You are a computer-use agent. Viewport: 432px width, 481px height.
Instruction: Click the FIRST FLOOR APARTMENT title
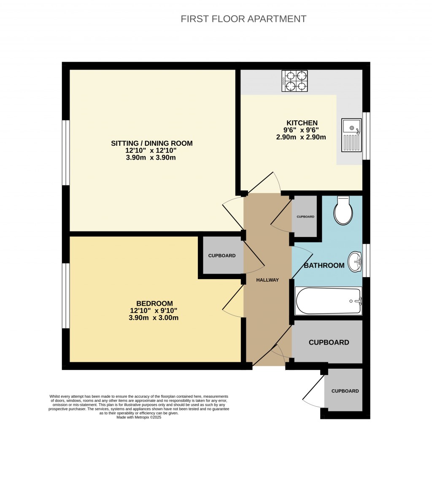[243, 19]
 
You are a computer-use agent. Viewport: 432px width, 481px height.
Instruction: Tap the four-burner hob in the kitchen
[294, 81]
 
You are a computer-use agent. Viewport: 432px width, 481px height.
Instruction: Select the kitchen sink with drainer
[351, 135]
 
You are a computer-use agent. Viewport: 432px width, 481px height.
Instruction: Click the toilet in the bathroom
[343, 210]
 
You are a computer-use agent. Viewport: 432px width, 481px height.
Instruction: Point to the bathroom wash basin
[355, 262]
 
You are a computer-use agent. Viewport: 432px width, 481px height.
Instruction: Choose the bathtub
[328, 301]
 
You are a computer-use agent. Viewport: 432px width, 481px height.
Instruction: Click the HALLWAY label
[267, 280]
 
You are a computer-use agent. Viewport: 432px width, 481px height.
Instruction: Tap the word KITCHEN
[302, 123]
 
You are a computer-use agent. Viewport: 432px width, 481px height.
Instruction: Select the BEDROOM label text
[154, 303]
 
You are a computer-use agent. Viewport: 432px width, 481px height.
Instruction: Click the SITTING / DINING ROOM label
[151, 143]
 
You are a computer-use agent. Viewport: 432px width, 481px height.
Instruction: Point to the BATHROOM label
[324, 265]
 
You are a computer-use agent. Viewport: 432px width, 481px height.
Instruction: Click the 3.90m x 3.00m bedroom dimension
[154, 318]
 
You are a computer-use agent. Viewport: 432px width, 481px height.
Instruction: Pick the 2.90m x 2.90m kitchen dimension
[301, 137]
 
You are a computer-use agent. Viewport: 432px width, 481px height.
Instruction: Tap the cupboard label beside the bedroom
[222, 255]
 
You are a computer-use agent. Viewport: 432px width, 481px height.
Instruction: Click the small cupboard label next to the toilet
[305, 217]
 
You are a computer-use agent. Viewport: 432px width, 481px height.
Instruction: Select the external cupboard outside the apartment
[345, 391]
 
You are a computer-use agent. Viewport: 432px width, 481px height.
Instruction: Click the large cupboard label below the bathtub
[329, 342]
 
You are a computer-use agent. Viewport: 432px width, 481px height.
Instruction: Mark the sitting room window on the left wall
[66, 153]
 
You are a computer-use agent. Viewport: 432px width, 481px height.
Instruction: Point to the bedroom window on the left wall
[66, 296]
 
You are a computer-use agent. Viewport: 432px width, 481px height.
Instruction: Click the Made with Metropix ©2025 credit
[139, 417]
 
